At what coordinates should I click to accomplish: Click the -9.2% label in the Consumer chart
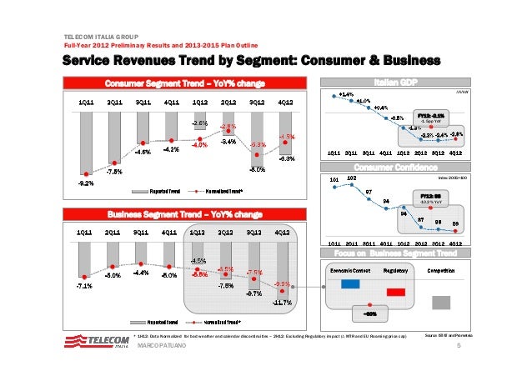click(x=85, y=182)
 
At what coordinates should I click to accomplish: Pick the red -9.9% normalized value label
click(x=283, y=283)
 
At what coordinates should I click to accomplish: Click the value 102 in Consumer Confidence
click(x=352, y=178)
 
